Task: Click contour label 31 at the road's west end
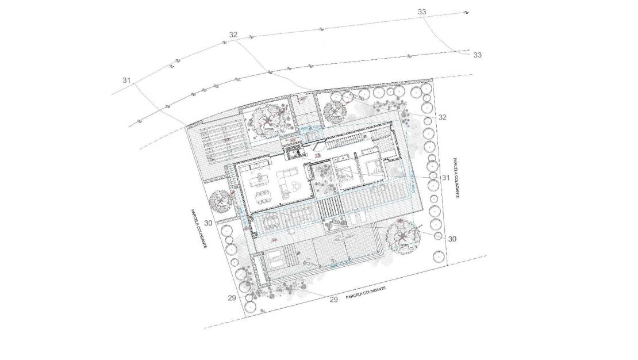127,80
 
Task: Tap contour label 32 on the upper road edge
233,35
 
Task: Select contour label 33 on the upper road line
422,12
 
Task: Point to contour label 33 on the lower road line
477,55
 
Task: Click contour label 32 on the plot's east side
442,117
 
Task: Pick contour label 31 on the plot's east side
445,178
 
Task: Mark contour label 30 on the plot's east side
452,238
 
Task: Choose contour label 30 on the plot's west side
208,223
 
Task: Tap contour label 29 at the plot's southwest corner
232,297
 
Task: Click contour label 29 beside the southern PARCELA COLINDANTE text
333,299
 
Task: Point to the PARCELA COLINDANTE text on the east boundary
454,178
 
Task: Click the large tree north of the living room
266,120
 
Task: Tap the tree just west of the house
221,201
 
